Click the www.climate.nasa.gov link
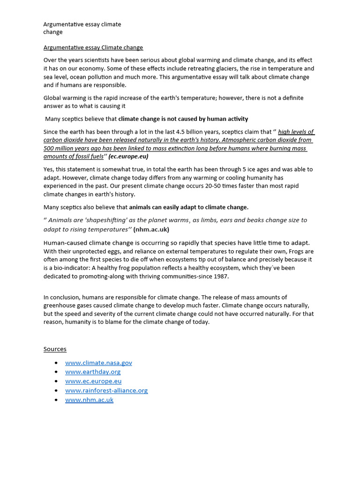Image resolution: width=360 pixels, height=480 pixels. (98, 363)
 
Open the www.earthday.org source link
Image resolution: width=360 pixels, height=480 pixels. (93, 372)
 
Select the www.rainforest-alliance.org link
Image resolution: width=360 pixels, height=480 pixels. (106, 390)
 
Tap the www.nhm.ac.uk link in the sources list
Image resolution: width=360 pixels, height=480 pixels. (89, 400)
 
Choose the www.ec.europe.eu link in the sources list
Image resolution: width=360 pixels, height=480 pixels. (93, 381)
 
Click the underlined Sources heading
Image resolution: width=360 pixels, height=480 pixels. (55, 349)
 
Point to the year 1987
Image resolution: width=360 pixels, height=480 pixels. (221, 277)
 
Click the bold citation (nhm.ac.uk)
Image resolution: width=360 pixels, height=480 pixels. (151, 230)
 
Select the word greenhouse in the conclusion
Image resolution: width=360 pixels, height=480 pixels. (61, 306)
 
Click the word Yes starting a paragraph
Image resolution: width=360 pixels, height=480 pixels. (49, 169)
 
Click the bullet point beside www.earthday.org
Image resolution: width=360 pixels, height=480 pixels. (56, 372)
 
